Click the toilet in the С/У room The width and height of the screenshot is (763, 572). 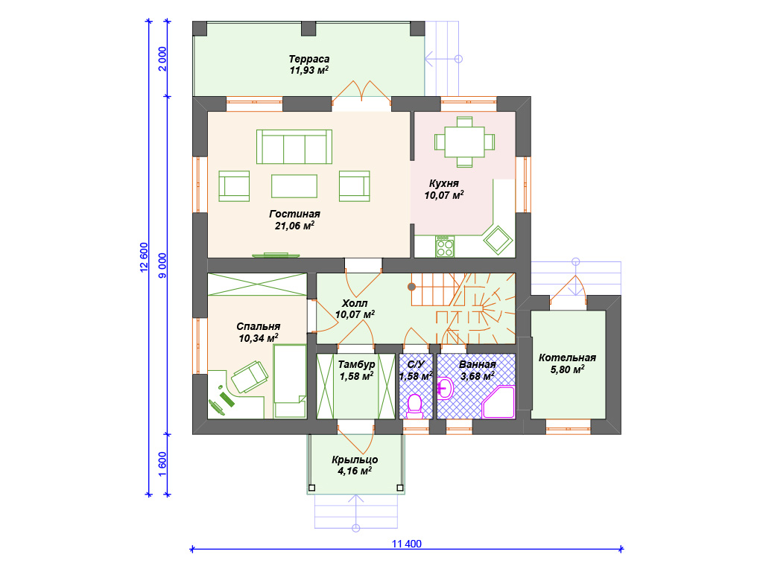tap(414, 406)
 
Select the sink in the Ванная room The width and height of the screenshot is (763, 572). tap(446, 388)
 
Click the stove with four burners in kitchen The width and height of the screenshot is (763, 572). tap(445, 247)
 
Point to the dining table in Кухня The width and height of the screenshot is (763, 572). tap(465, 142)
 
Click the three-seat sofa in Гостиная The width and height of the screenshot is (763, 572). tap(294, 147)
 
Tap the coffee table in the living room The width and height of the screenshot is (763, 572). tap(294, 186)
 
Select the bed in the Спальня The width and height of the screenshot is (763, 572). tap(290, 381)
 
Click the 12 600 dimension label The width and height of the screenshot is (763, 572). tap(144, 257)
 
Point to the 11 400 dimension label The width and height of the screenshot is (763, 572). tap(407, 544)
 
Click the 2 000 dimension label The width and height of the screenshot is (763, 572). tap(162, 59)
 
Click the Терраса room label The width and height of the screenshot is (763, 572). tap(309, 59)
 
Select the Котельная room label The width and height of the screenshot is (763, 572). tap(567, 357)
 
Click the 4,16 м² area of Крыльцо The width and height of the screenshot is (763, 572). tap(355, 471)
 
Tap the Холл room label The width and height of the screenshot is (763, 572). tap(355, 303)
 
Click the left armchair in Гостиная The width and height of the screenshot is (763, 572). tap(234, 185)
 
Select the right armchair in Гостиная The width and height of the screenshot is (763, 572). tap(354, 185)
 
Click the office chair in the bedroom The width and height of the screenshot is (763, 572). tap(250, 376)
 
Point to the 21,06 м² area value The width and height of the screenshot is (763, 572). tap(294, 226)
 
